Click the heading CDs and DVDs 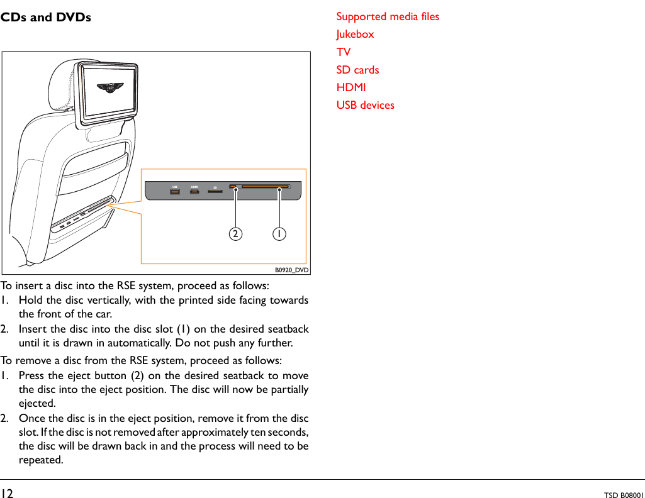point(45,17)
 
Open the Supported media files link point(388,16)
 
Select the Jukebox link point(355,34)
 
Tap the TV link point(344,52)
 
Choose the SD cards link point(357,70)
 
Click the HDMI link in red point(351,87)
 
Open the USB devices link point(365,105)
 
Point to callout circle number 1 point(279,234)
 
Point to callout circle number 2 point(235,234)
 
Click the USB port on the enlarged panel point(175,191)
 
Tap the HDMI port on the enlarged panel point(195,191)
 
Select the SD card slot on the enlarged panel point(215,191)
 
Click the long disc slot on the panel point(264,187)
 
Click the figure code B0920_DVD point(292,270)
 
